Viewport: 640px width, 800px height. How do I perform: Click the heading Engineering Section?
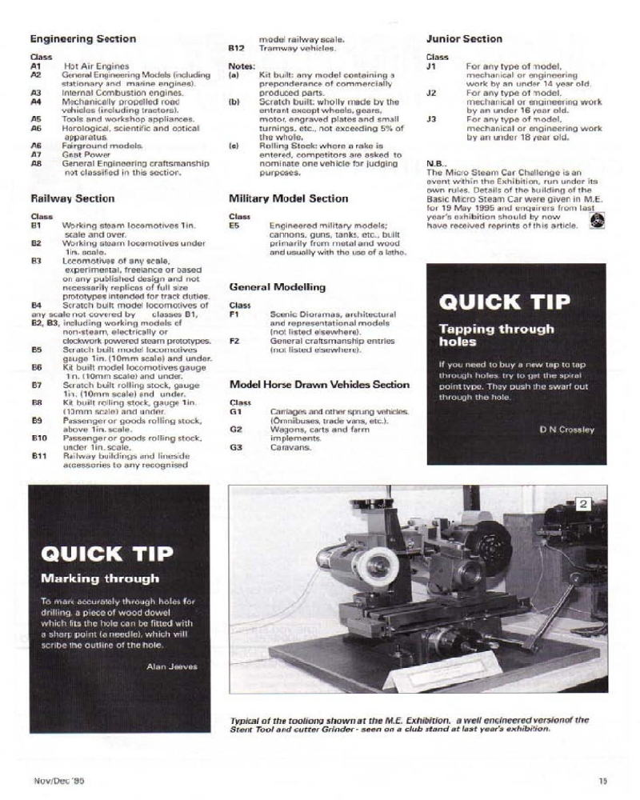(82, 38)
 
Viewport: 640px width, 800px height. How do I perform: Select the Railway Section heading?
(72, 198)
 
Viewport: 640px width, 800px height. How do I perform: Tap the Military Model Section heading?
(288, 198)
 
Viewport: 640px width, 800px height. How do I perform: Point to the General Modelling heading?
(277, 286)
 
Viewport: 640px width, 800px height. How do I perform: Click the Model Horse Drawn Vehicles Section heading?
(319, 384)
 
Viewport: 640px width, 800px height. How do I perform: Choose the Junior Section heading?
(464, 38)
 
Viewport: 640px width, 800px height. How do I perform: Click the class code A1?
(36, 66)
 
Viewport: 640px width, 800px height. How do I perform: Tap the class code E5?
(235, 226)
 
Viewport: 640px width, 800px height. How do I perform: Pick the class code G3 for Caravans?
(235, 447)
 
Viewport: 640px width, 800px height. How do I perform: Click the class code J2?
(431, 93)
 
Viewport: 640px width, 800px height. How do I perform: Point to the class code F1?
(234, 314)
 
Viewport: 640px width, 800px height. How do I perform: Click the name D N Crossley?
(566, 430)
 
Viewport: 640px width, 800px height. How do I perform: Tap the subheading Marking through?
(100, 578)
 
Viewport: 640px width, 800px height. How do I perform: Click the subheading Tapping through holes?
(496, 335)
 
